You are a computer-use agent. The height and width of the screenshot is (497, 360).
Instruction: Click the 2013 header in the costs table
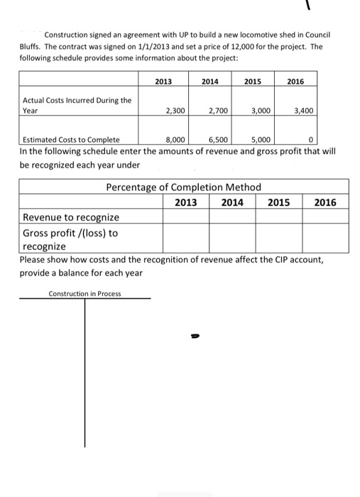click(163, 82)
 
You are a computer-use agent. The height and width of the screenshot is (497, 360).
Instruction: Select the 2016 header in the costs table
click(295, 82)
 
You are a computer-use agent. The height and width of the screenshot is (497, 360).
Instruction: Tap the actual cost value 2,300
click(175, 111)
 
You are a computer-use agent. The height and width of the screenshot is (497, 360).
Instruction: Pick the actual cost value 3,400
click(304, 111)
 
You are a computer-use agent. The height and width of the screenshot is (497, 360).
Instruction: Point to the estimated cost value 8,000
click(175, 139)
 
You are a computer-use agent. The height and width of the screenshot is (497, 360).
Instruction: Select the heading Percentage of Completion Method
click(183, 187)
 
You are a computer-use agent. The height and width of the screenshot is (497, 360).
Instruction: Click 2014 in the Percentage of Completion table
click(232, 202)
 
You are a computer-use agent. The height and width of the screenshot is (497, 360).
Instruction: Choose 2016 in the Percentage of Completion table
click(325, 202)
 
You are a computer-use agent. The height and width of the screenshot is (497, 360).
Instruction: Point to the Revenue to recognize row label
click(71, 217)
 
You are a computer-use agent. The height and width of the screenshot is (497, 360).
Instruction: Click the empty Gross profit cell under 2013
click(186, 237)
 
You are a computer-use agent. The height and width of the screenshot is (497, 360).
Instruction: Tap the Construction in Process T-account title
click(84, 293)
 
